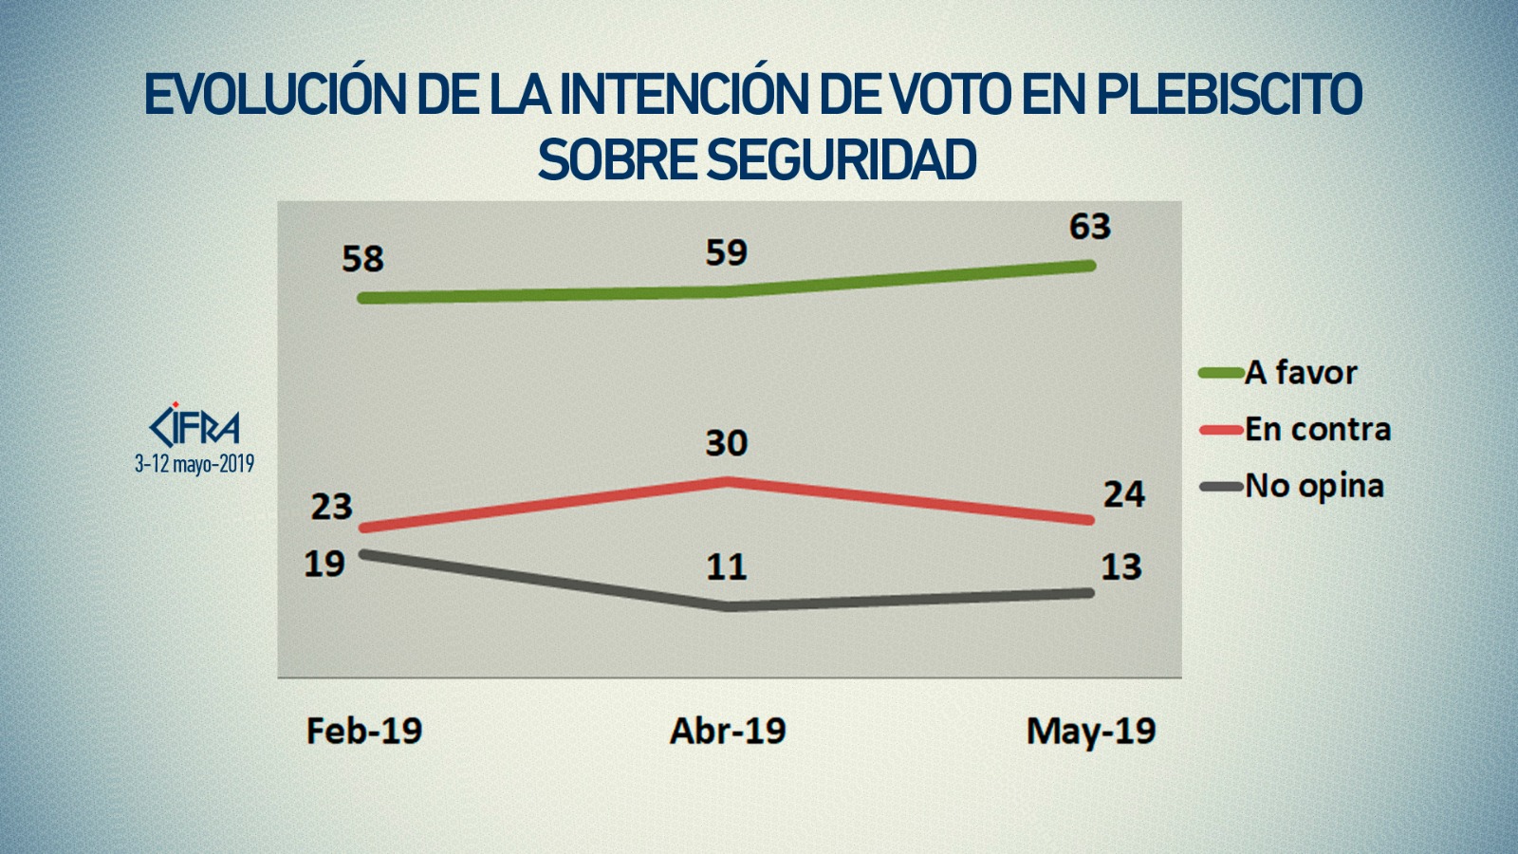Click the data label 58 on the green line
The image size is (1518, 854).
tap(362, 259)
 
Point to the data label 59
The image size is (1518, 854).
tap(727, 252)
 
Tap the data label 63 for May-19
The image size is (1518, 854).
tap(1090, 227)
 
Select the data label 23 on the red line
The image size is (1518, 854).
tap(332, 507)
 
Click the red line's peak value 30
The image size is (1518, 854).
tap(727, 443)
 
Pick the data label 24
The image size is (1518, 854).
tap(1124, 494)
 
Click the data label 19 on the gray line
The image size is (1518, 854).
tap(324, 565)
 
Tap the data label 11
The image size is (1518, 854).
tap(727, 567)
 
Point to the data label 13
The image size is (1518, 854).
tap(1121, 567)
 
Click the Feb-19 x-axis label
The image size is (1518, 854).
tap(364, 731)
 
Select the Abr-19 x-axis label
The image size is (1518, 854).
tap(728, 731)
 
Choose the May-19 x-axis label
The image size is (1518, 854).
tap(1091, 732)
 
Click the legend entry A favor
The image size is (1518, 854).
tap(1301, 373)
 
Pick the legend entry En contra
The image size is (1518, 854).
tap(1318, 430)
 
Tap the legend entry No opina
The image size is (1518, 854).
tap(1314, 487)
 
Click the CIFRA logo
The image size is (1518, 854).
tap(195, 426)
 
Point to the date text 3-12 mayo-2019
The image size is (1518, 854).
tap(194, 464)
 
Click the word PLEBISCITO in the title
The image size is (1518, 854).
tap(1230, 94)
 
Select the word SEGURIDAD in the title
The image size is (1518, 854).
tap(842, 159)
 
